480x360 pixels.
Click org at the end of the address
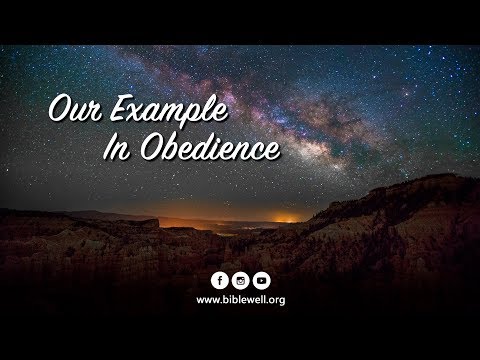pyautogui.click(x=276, y=299)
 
